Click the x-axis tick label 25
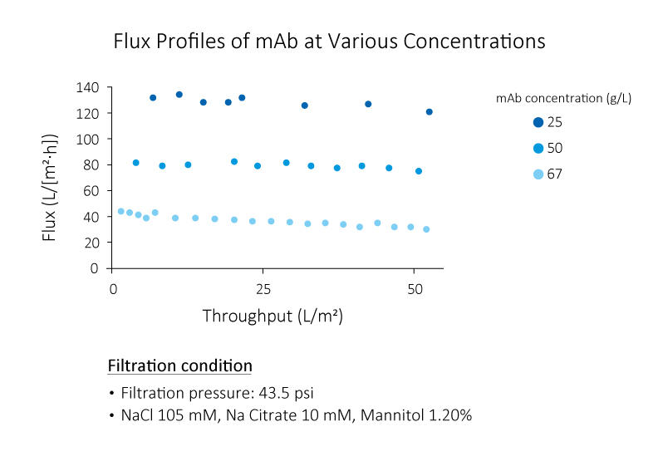pos(263,289)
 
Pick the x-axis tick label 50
pos(414,289)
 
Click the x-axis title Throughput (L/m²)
pos(273,316)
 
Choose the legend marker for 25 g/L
pos(538,122)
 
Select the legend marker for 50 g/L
pos(538,148)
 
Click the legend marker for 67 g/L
pos(538,174)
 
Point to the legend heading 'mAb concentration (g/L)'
pos(563,98)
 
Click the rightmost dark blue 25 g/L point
pos(429,112)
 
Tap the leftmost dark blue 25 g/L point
pos(153,98)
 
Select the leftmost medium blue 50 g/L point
pos(135,163)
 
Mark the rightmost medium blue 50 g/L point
pos(419,171)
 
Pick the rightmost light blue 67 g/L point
pos(426,229)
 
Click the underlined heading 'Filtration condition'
pos(179,366)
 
